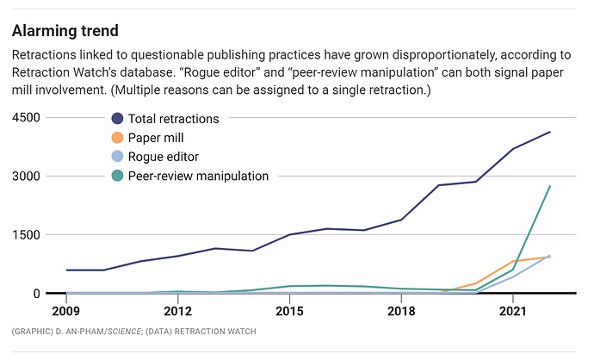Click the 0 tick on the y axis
pyautogui.click(x=36, y=294)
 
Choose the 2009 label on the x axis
pyautogui.click(x=66, y=309)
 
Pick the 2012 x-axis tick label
pyautogui.click(x=177, y=309)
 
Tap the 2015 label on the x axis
pyautogui.click(x=289, y=309)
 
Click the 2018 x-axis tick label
pyautogui.click(x=401, y=309)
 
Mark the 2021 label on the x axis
pyautogui.click(x=513, y=309)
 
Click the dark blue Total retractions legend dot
pyautogui.click(x=117, y=119)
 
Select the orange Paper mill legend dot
pyautogui.click(x=117, y=138)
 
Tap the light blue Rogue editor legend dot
pyautogui.click(x=117, y=157)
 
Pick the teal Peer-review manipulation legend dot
pyautogui.click(x=117, y=176)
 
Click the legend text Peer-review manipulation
pyautogui.click(x=198, y=176)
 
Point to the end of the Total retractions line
pyautogui.click(x=550, y=132)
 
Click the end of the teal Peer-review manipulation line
pyautogui.click(x=550, y=187)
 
